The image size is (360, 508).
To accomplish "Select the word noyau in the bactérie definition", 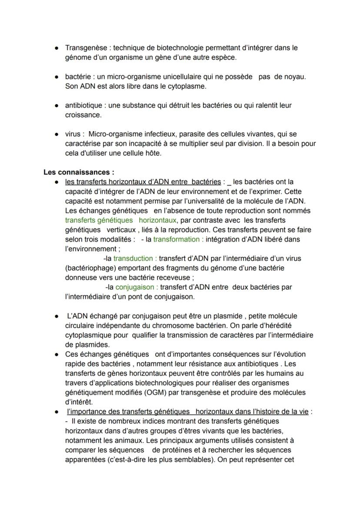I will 295,76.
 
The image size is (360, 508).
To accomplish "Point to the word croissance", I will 83,115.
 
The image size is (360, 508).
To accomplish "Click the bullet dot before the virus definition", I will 57,134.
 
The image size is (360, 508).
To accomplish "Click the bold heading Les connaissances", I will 79,173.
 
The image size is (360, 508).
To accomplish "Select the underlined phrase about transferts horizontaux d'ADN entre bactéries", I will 143,182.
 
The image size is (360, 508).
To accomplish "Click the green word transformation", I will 178,239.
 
